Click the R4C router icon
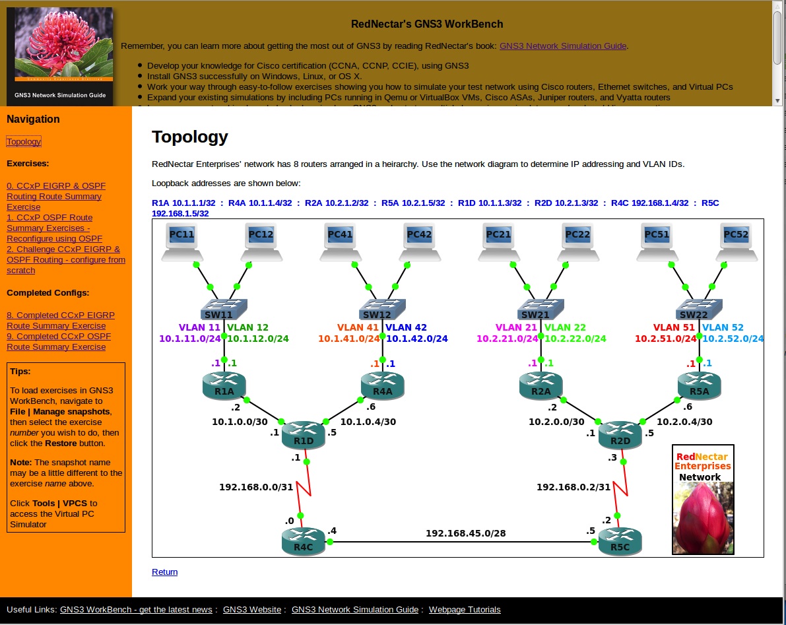pos(303,539)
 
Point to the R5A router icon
pos(699,385)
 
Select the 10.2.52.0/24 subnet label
pos(733,339)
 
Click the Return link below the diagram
pos(164,572)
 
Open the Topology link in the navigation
pos(24,142)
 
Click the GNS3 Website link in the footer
pos(252,610)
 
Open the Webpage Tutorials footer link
pos(465,610)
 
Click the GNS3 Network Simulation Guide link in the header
pos(562,46)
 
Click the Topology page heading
pos(189,137)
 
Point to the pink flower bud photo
pos(703,518)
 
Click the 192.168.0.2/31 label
pos(573,487)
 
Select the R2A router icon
pos(540,385)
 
